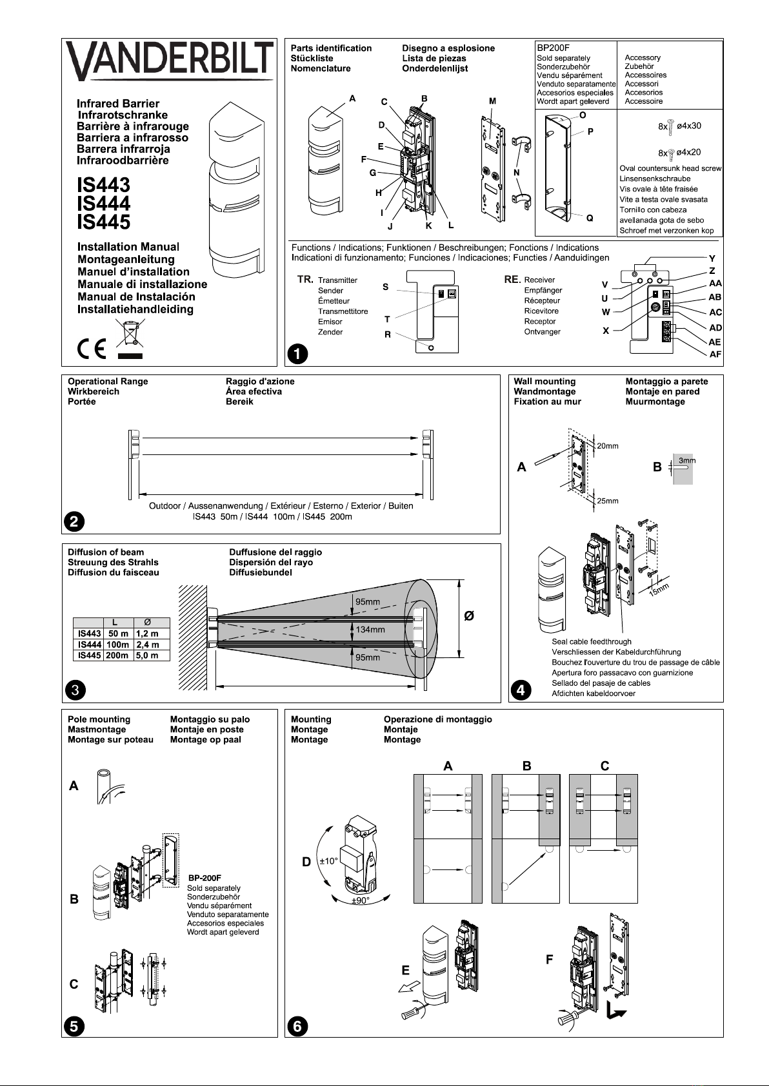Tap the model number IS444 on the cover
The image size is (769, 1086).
(x=103, y=204)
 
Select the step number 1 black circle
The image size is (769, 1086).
(x=297, y=353)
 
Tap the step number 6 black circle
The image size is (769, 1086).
(x=297, y=1025)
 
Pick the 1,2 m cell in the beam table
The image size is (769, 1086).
(x=146, y=634)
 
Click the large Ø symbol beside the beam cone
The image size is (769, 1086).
(x=470, y=616)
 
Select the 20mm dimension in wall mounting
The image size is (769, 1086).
(x=607, y=446)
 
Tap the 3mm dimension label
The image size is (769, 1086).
(x=687, y=461)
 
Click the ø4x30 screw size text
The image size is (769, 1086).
(x=688, y=126)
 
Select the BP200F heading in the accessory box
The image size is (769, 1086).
(x=553, y=48)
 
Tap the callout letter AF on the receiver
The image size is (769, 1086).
(x=715, y=354)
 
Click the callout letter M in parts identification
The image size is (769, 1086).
(x=493, y=101)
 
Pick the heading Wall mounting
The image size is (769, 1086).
(x=544, y=382)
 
